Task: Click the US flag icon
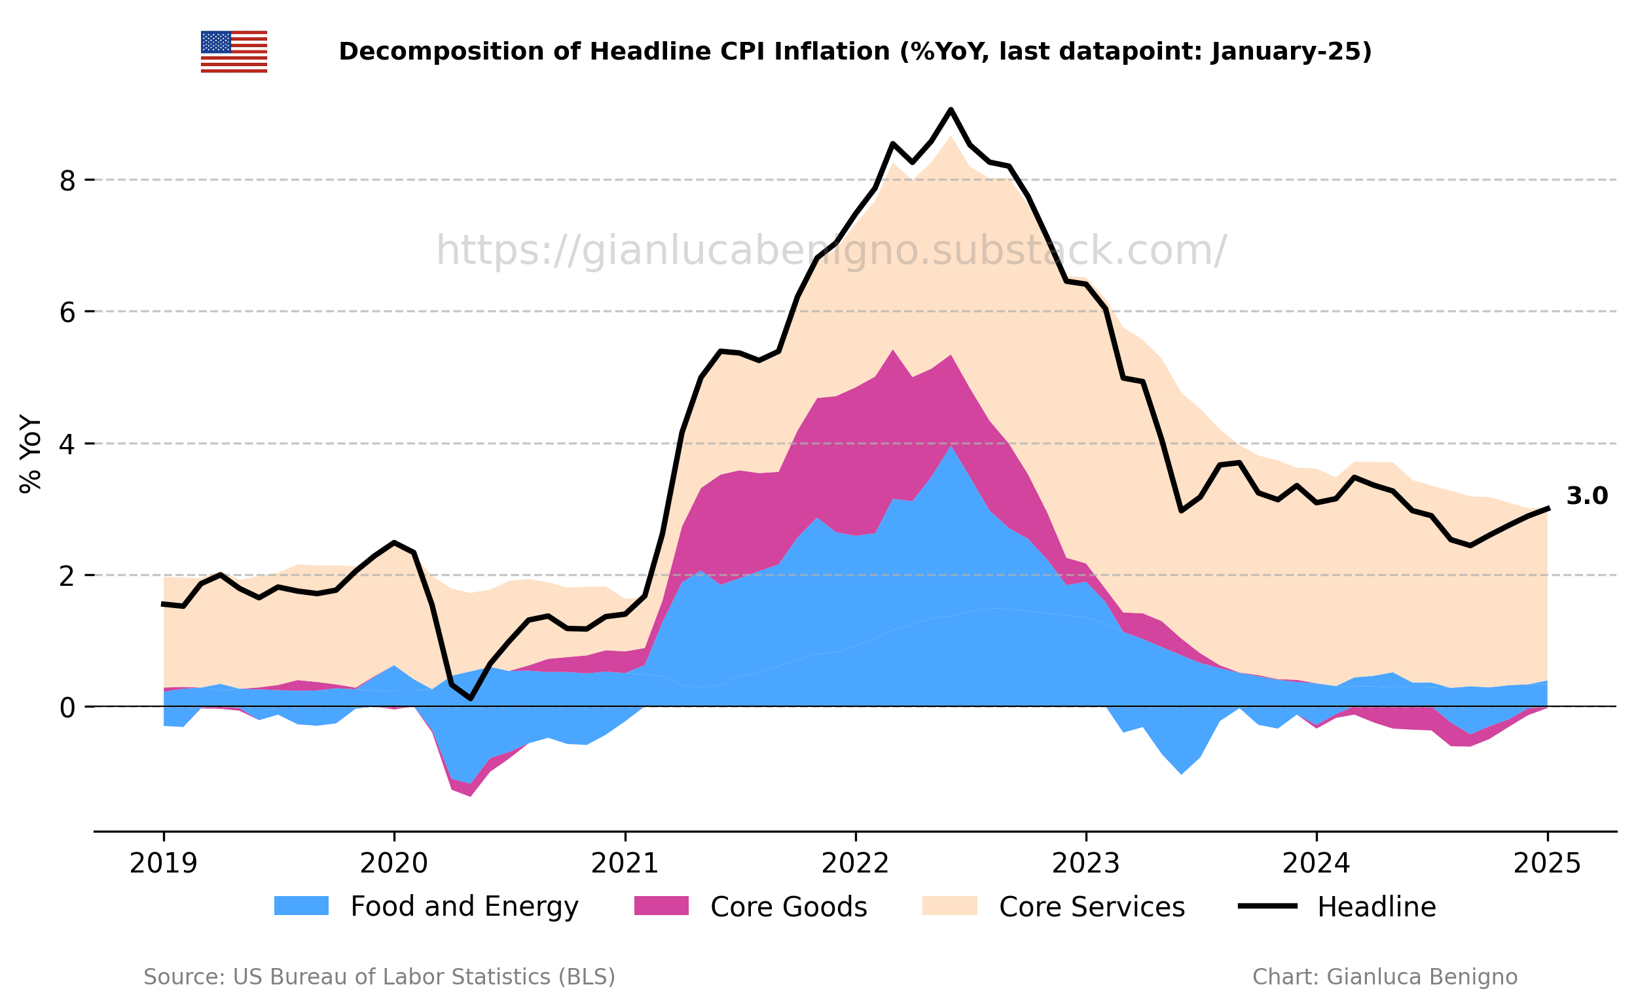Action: click(x=234, y=51)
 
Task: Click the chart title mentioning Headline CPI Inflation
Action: click(x=856, y=51)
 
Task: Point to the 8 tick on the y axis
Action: click(x=67, y=180)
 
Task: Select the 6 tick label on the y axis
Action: click(x=67, y=312)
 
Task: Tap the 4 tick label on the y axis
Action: click(x=67, y=444)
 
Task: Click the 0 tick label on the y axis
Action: click(x=67, y=708)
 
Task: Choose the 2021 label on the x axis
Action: click(x=625, y=864)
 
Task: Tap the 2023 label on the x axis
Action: click(x=1086, y=864)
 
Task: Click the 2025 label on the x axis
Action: click(x=1548, y=864)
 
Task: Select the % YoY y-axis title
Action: click(x=31, y=455)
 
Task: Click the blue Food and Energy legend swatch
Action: click(x=301, y=906)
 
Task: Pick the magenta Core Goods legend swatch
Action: click(x=661, y=906)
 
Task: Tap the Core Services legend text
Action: click(x=1092, y=907)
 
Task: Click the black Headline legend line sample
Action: click(x=1267, y=906)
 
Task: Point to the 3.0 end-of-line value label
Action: click(x=1587, y=496)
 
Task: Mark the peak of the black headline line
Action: click(x=951, y=109)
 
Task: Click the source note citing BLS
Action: click(x=379, y=977)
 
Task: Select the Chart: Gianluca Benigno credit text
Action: click(x=1385, y=977)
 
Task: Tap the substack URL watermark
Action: click(x=831, y=251)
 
